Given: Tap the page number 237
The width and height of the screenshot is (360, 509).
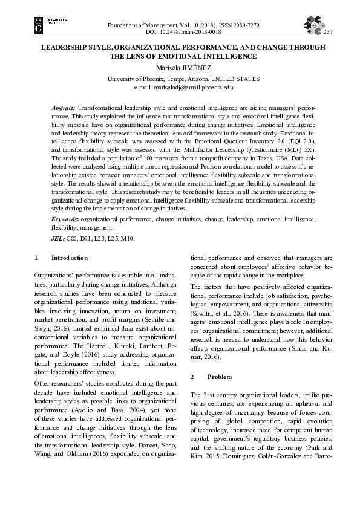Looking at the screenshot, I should click(329, 32).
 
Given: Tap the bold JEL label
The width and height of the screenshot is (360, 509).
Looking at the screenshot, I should click(58, 239).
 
